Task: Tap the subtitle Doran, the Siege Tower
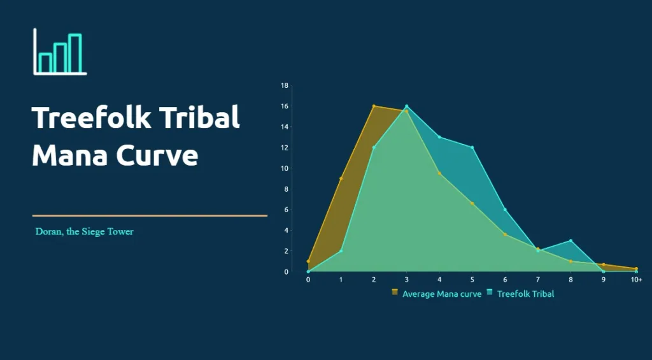[x=85, y=232]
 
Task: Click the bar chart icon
[x=60, y=52]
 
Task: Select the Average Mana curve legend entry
[x=437, y=294]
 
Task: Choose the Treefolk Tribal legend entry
[x=520, y=294]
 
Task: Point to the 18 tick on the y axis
[x=285, y=86]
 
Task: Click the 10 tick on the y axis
[x=285, y=168]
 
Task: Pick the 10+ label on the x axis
[x=637, y=280]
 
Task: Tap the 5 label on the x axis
[x=472, y=280]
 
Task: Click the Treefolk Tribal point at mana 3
[x=407, y=106]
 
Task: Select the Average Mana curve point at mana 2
[x=374, y=106]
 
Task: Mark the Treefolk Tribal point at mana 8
[x=571, y=241]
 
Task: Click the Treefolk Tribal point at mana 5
[x=472, y=147]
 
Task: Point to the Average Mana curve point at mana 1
[x=341, y=178]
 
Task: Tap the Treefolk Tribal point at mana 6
[x=505, y=210]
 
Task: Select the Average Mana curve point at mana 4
[x=439, y=173]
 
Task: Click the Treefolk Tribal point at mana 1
[x=341, y=251]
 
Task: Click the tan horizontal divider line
[x=150, y=215]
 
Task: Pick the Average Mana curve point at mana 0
[x=308, y=261]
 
